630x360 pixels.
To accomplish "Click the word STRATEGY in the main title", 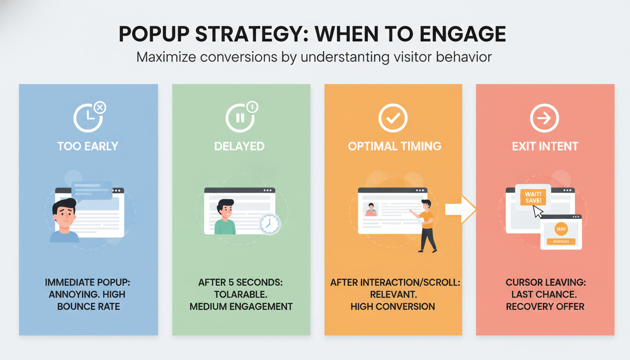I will point(248,35).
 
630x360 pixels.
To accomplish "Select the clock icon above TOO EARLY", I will point(88,117).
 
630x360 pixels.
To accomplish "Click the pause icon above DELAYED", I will point(240,117).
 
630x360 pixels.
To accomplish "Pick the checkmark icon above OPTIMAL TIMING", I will point(393,117).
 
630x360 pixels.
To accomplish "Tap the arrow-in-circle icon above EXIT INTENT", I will point(544,117).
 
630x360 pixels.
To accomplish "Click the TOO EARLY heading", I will point(88,146).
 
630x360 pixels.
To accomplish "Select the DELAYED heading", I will point(240,146).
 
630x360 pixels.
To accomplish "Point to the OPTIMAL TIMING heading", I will point(394,146).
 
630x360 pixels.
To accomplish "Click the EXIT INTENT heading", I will point(545,146).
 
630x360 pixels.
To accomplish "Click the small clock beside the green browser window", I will point(270,224).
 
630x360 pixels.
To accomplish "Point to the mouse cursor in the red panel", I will point(538,212).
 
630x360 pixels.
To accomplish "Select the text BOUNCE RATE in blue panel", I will point(89,307).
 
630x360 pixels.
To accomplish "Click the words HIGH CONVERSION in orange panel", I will point(392,307).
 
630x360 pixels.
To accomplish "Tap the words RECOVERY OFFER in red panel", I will point(545,307).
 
